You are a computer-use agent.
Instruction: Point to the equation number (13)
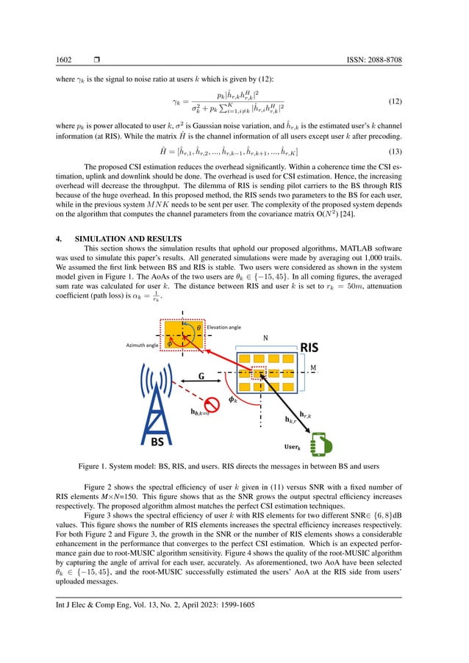pos(394,151)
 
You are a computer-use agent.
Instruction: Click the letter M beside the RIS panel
pos(315,365)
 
